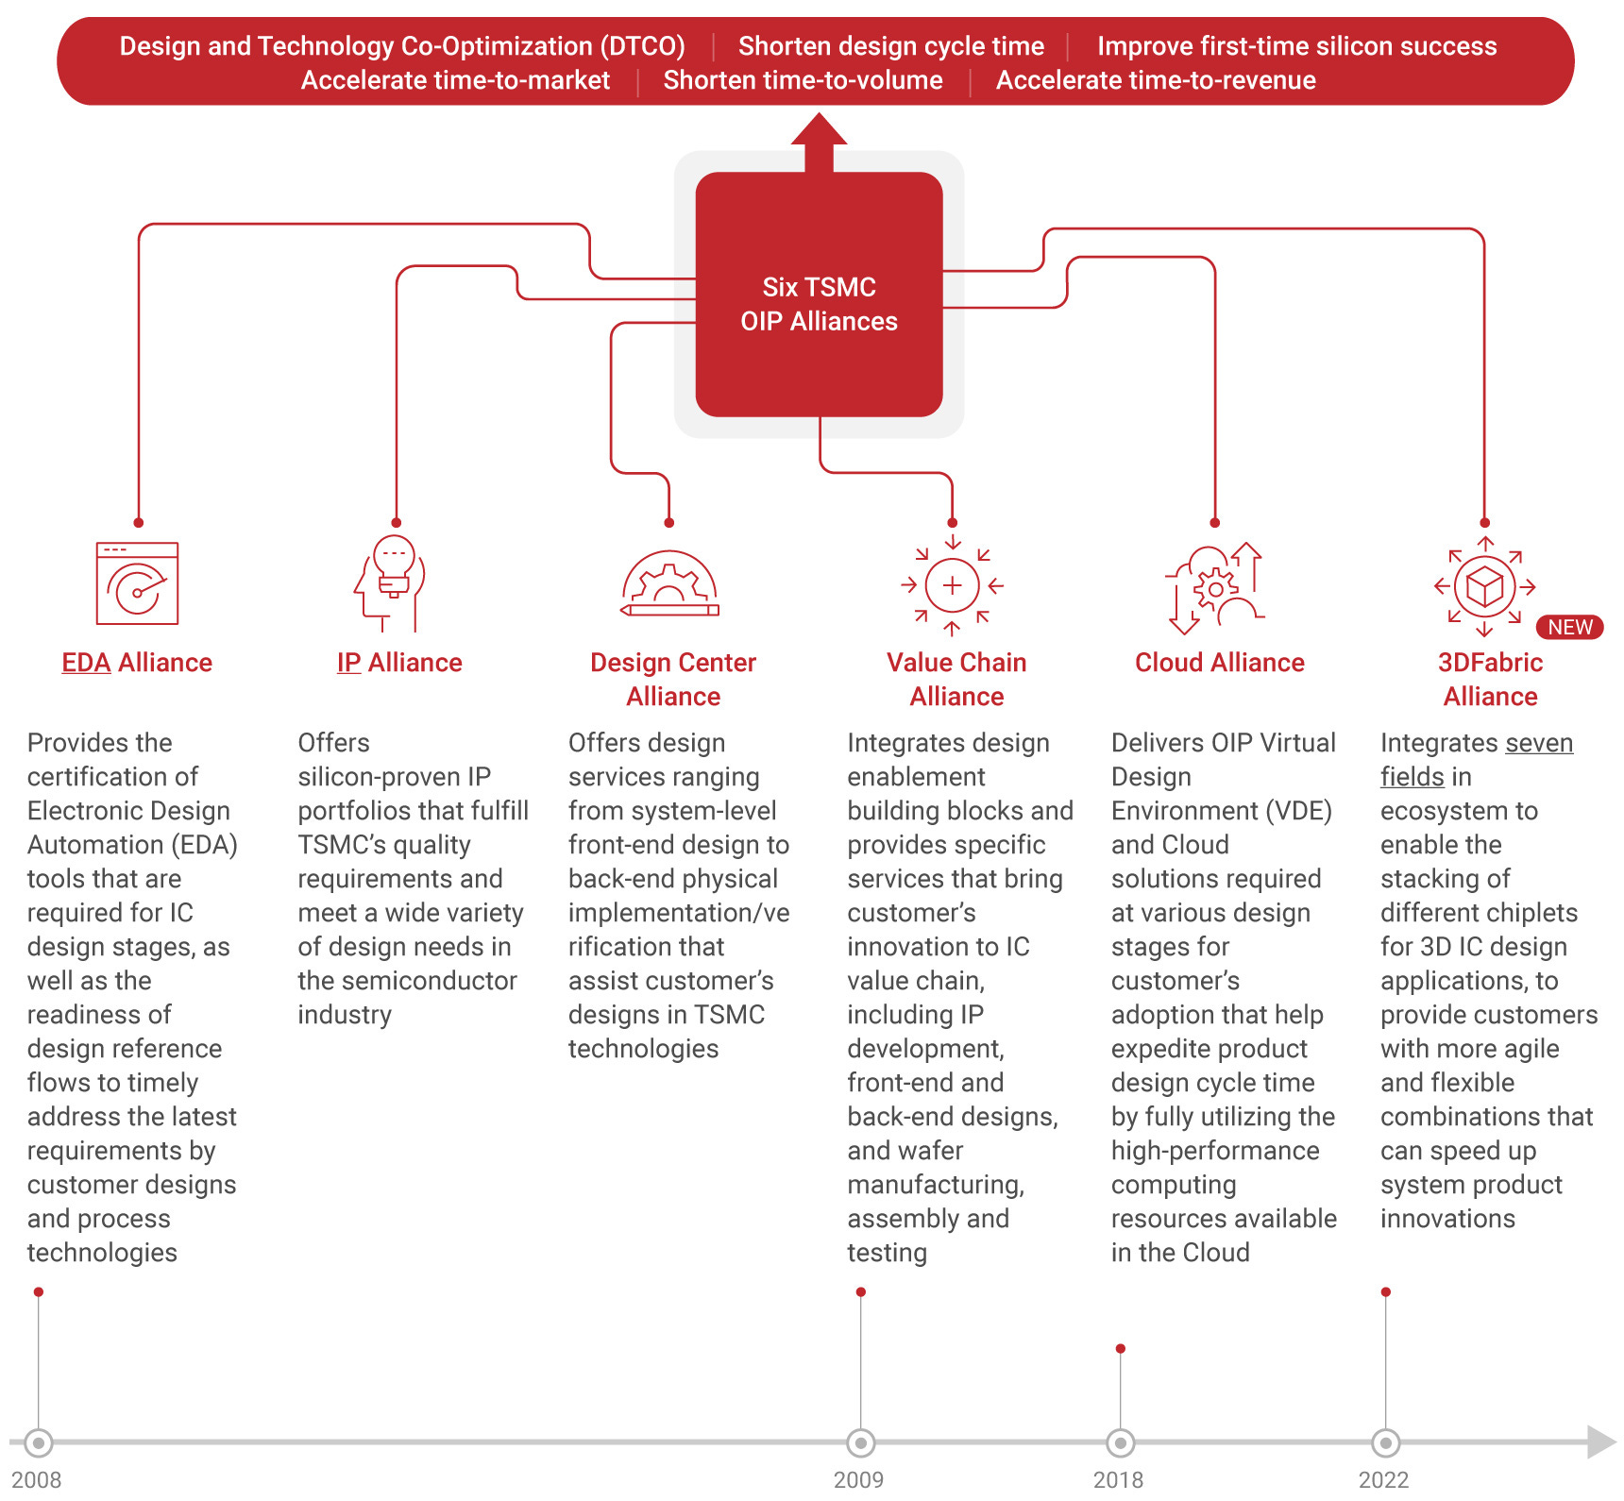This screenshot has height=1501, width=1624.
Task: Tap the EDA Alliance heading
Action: (137, 663)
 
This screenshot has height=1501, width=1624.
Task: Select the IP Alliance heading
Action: (399, 663)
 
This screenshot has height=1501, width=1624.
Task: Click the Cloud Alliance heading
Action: (1219, 663)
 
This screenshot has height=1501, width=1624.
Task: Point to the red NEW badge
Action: (1569, 627)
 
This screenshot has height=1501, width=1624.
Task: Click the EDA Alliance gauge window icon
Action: (137, 583)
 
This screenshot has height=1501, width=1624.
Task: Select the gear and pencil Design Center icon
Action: (669, 583)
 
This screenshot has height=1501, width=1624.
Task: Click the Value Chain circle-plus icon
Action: (952, 585)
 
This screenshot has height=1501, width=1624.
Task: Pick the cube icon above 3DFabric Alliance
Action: (1484, 586)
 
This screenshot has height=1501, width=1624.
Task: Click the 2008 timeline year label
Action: (37, 1479)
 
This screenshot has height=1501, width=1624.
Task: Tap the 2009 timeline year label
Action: (858, 1479)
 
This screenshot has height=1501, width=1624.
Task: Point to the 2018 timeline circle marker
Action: (1120, 1442)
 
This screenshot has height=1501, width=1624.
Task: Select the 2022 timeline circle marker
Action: (1385, 1442)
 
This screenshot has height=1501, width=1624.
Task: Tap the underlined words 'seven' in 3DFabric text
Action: (1539, 743)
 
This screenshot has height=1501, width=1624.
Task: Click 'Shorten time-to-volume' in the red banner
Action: (803, 80)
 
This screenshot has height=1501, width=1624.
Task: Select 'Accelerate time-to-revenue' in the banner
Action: (1156, 80)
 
